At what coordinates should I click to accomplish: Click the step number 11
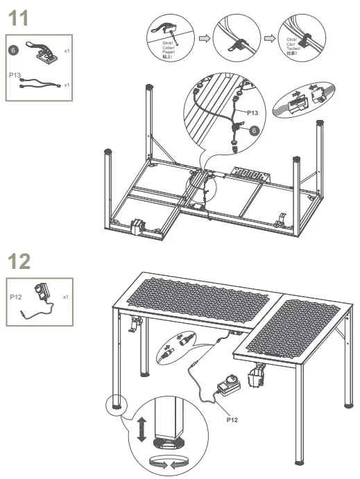pyautogui.click(x=18, y=19)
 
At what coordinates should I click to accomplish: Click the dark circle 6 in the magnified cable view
pyautogui.click(x=253, y=130)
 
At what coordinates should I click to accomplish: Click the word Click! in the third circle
pyautogui.click(x=291, y=40)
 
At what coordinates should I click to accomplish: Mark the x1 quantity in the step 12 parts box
pyautogui.click(x=66, y=297)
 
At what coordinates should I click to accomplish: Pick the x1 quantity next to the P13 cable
pyautogui.click(x=66, y=85)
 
